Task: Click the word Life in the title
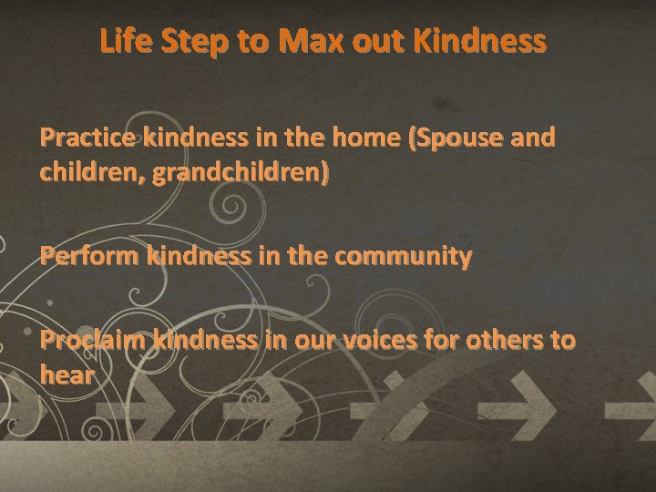point(125,41)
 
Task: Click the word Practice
point(88,138)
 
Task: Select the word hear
point(67,374)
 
